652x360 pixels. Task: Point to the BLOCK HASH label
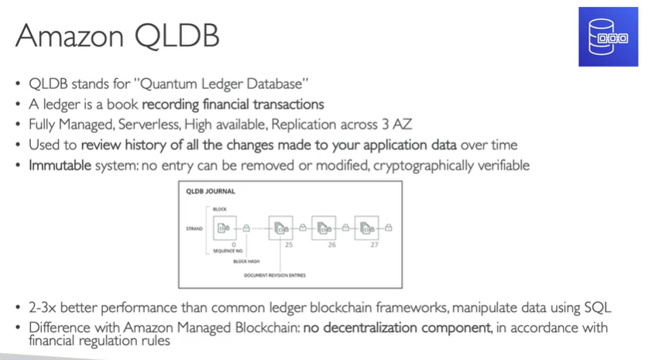pyautogui.click(x=246, y=262)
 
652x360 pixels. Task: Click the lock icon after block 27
pyautogui.click(x=388, y=228)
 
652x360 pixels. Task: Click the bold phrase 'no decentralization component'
pyautogui.click(x=397, y=327)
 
